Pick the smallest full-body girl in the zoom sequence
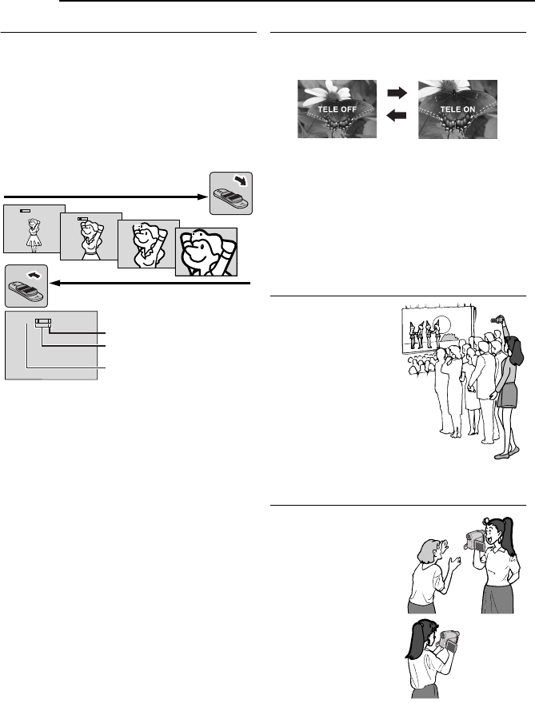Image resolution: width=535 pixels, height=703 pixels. (x=34, y=232)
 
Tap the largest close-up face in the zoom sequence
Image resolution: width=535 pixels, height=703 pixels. (x=207, y=252)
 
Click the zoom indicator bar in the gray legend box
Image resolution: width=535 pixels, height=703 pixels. (x=42, y=324)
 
